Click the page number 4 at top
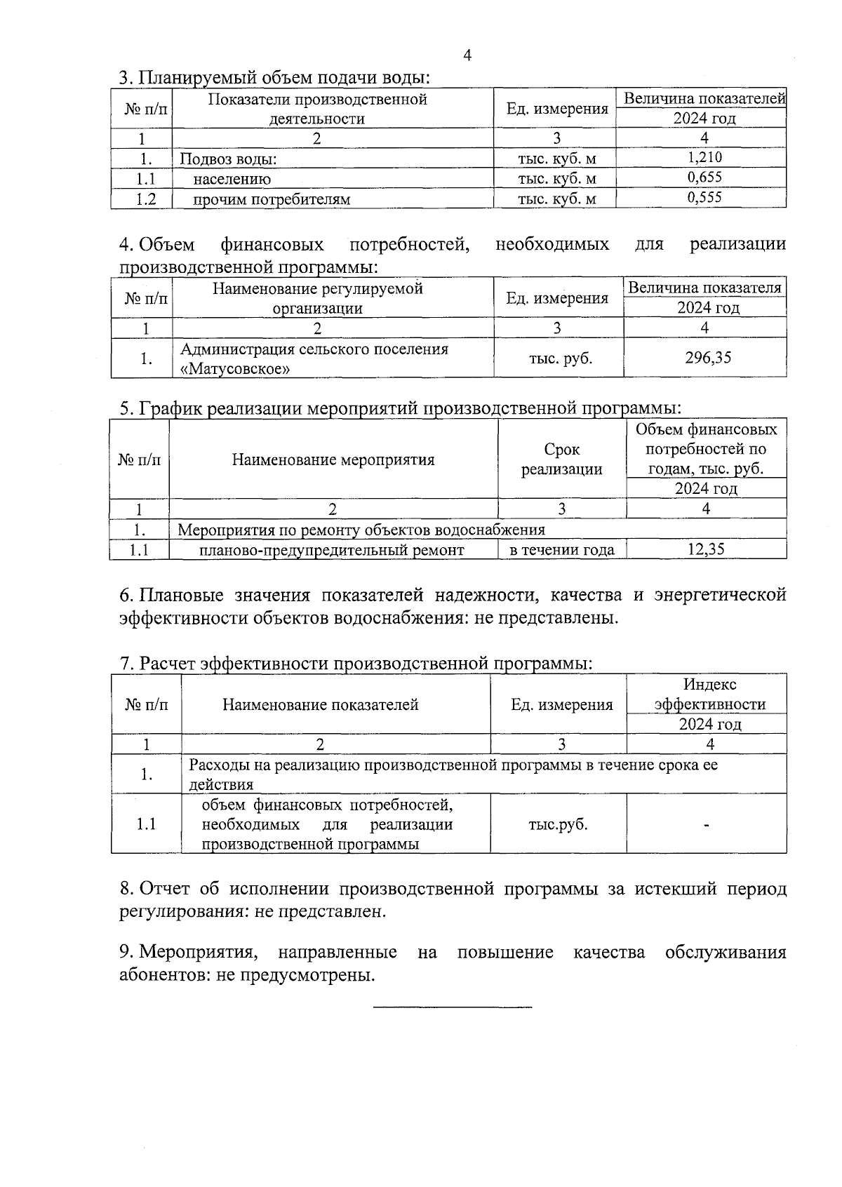pos(467,56)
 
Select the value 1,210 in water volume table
pos(704,158)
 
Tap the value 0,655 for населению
pos(704,177)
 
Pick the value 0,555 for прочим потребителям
pos(704,198)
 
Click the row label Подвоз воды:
pos(229,159)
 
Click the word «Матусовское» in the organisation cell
pos(235,368)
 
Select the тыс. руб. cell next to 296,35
pos(560,358)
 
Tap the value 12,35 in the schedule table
pos(706,549)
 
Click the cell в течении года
pos(561,550)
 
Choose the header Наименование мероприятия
pos(333,460)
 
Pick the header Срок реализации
pos(561,460)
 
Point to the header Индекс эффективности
pos(709,695)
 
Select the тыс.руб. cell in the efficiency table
pos(559,824)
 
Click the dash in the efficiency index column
pos(707,825)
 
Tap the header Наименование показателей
pos(321,704)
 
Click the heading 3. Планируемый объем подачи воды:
pos(274,78)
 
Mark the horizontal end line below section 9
pos(453,1008)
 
